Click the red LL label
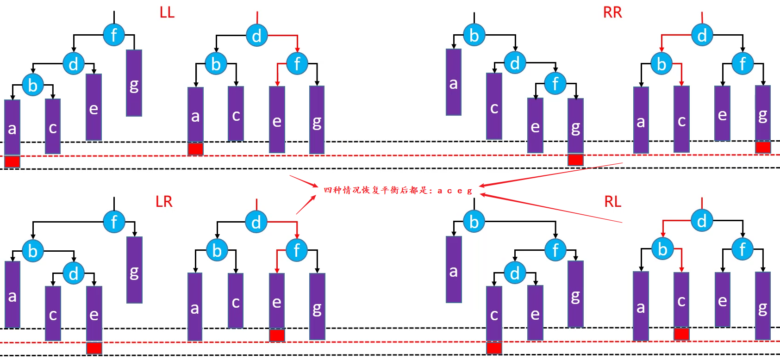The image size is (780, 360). click(x=167, y=12)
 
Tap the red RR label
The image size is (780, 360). click(x=612, y=12)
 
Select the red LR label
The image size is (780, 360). click(x=164, y=202)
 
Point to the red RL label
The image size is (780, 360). click(x=612, y=202)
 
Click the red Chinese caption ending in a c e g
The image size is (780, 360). click(x=398, y=190)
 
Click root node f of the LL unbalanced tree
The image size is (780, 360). click(x=114, y=35)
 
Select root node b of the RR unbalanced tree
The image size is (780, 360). click(x=474, y=35)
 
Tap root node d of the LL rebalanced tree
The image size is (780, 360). click(x=256, y=35)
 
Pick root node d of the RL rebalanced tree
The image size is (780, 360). click(x=702, y=221)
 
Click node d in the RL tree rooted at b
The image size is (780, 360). click(x=514, y=273)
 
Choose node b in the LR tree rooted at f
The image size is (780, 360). click(x=32, y=251)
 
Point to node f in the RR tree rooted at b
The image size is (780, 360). click(x=555, y=84)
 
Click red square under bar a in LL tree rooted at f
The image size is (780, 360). click(x=12, y=161)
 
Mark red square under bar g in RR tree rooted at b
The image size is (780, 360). click(x=575, y=160)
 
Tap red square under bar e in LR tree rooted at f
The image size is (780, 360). click(x=94, y=348)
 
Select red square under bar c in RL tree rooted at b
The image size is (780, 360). click(x=494, y=348)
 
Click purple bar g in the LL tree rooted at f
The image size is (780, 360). click(x=134, y=83)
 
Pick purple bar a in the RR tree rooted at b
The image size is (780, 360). click(x=454, y=82)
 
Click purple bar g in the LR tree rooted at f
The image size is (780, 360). click(x=134, y=270)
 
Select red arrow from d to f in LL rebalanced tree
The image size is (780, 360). click(x=287, y=36)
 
